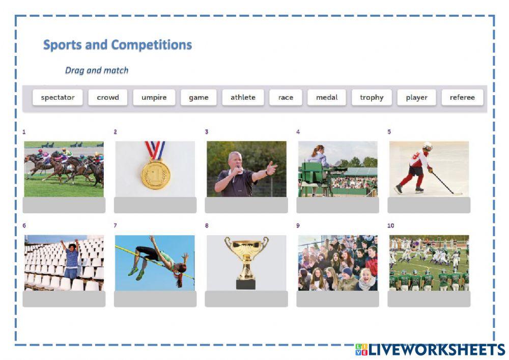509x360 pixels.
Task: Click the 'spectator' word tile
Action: coord(58,98)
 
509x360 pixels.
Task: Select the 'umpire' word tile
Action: coord(154,98)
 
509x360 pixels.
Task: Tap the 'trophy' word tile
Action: coord(372,98)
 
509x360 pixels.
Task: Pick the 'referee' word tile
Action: coord(462,98)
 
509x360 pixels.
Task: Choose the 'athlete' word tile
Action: coord(243,98)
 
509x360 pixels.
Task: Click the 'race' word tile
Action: coord(286,98)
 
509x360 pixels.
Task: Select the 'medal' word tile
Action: coord(327,98)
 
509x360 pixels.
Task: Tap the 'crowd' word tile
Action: coord(108,98)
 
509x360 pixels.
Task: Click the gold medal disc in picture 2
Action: coord(155,175)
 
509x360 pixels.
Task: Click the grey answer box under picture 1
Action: coord(64,205)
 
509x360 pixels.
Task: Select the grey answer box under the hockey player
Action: coord(429,205)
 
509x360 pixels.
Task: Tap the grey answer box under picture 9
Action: coord(337,299)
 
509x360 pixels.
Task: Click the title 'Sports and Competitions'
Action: coord(118,45)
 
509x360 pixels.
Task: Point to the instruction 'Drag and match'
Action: coord(97,70)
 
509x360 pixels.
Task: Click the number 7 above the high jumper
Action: coord(116,226)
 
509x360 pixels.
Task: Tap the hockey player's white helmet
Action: coord(427,147)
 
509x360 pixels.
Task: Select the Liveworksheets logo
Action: coord(430,349)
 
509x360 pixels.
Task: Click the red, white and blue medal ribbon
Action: coord(155,150)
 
